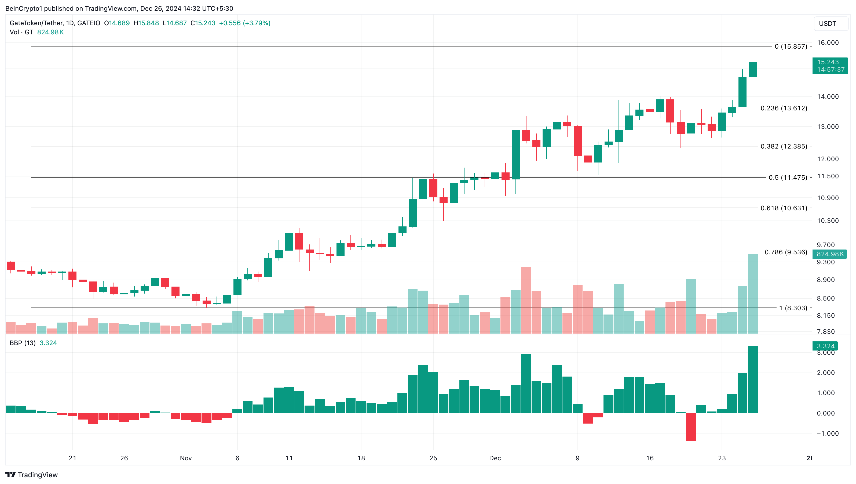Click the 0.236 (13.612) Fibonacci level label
[x=784, y=108]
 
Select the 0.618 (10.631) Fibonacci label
[x=784, y=208]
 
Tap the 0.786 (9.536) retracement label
[x=785, y=252]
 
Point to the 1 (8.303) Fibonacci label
[x=793, y=308]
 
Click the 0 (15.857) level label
[x=791, y=46]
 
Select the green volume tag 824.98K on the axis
[x=830, y=254]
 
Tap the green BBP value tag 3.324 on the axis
[x=825, y=346]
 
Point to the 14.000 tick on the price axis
[x=828, y=97]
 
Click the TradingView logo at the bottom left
[x=32, y=475]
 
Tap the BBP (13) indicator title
[x=23, y=343]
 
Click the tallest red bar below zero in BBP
[x=691, y=427]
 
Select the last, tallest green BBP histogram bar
[x=753, y=379]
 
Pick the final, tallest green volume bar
[x=753, y=294]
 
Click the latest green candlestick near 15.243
[x=753, y=70]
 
